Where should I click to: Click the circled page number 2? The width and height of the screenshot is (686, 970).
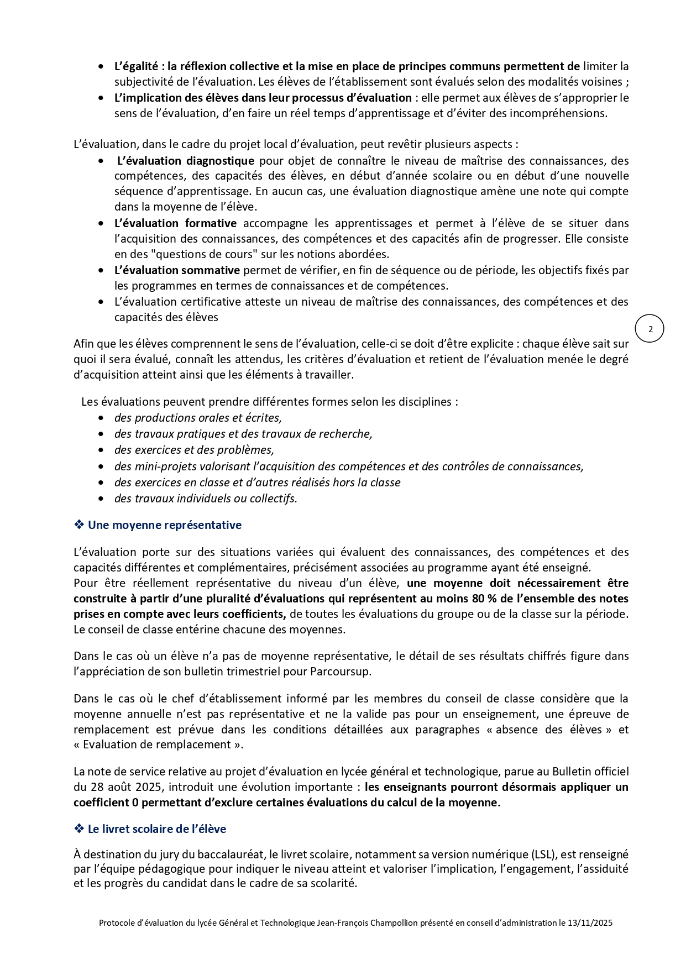[650, 329]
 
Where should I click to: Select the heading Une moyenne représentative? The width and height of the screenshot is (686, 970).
[164, 525]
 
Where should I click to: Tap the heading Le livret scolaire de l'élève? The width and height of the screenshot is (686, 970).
[157, 829]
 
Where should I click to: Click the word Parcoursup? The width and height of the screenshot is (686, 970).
[340, 672]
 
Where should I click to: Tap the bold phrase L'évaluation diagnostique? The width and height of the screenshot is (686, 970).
[186, 161]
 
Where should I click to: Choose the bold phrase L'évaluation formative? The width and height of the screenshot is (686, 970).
[175, 223]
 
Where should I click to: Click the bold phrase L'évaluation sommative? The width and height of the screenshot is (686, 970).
[177, 270]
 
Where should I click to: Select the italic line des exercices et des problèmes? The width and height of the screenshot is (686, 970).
[194, 450]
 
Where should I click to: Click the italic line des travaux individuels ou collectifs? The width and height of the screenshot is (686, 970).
[206, 499]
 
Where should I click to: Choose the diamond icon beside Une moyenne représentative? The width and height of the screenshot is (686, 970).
[79, 525]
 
